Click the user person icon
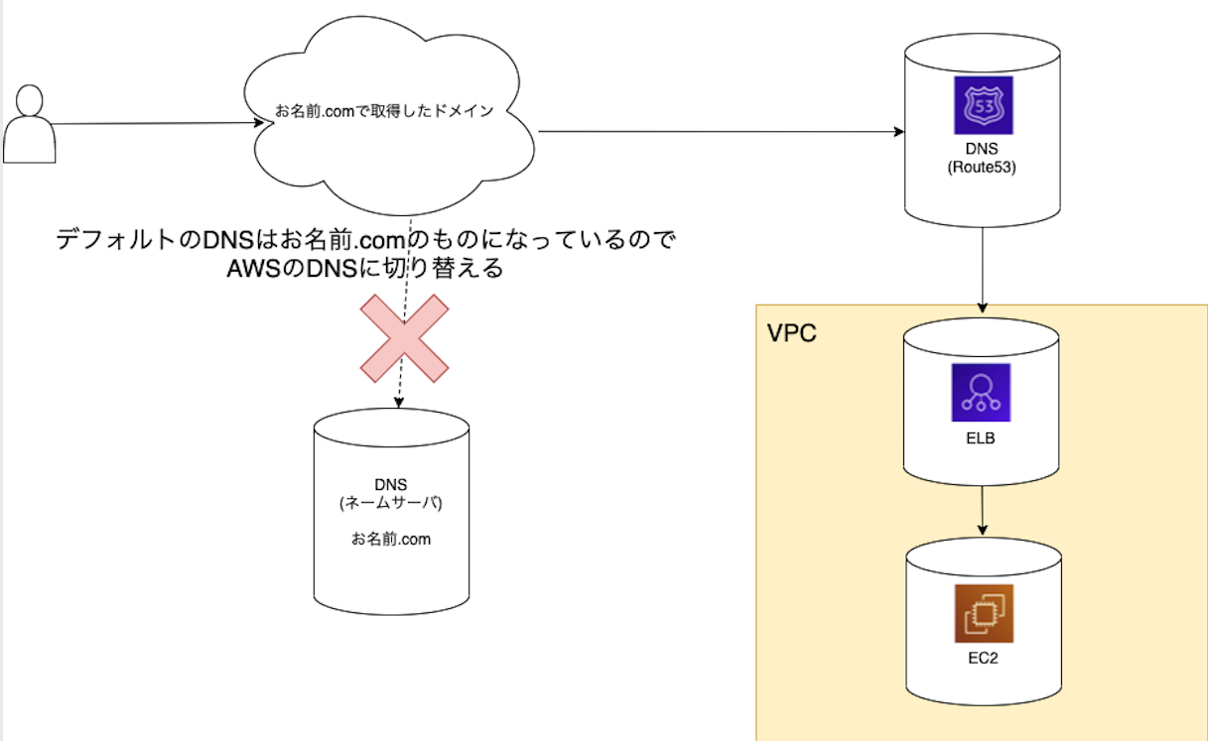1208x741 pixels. [x=30, y=125]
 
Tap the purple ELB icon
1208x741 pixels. [x=980, y=393]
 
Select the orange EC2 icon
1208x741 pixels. [x=984, y=614]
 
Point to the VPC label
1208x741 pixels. [x=792, y=332]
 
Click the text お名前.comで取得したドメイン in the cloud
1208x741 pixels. [x=383, y=110]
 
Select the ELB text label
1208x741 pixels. [x=980, y=436]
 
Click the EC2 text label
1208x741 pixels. [x=984, y=657]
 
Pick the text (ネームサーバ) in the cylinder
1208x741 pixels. [x=390, y=503]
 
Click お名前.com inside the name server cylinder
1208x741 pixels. [x=390, y=540]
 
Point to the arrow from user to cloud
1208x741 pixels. [x=149, y=124]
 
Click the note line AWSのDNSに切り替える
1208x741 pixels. [x=364, y=268]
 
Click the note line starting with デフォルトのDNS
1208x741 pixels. [x=364, y=240]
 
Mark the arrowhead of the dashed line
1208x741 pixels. [x=398, y=402]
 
